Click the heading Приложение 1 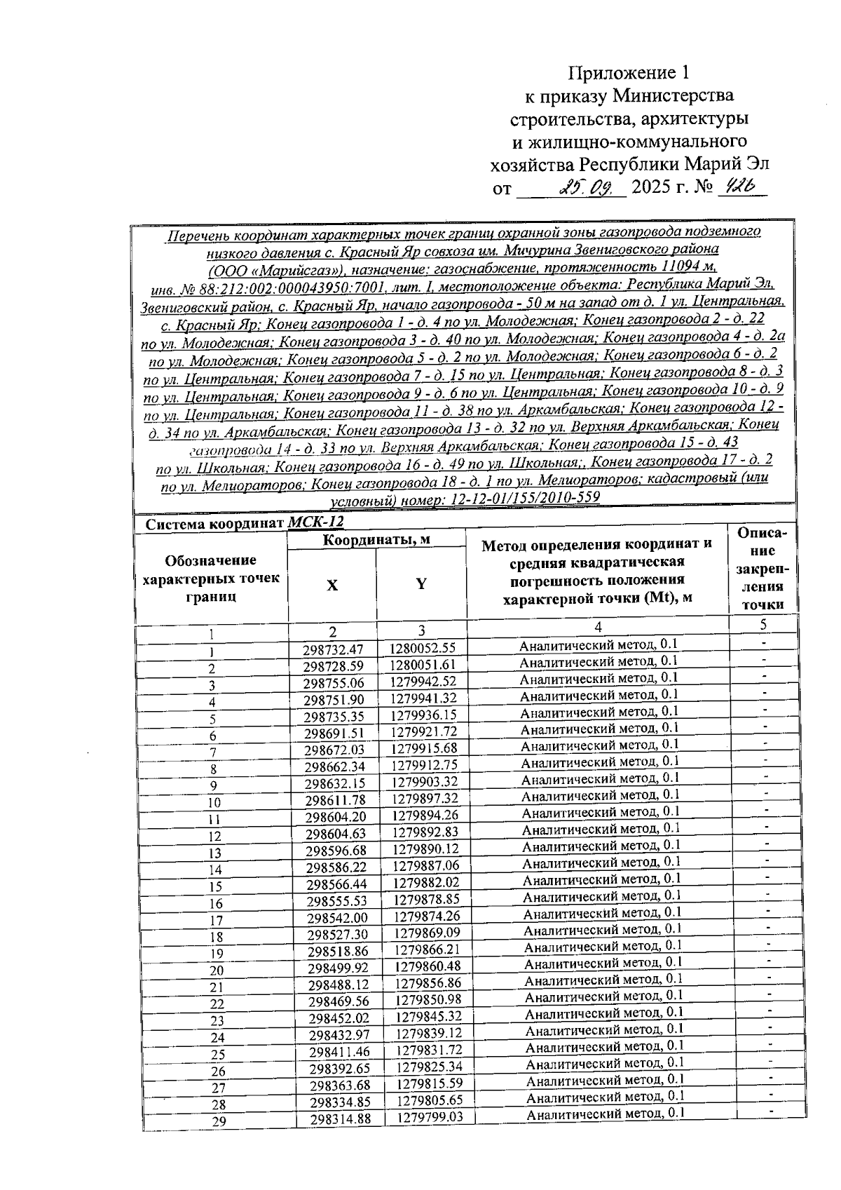(629, 73)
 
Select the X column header (332, 586)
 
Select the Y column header (421, 584)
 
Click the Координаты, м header (376, 539)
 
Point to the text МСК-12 (316, 523)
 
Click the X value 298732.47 (333, 649)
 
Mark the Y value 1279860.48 (428, 966)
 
